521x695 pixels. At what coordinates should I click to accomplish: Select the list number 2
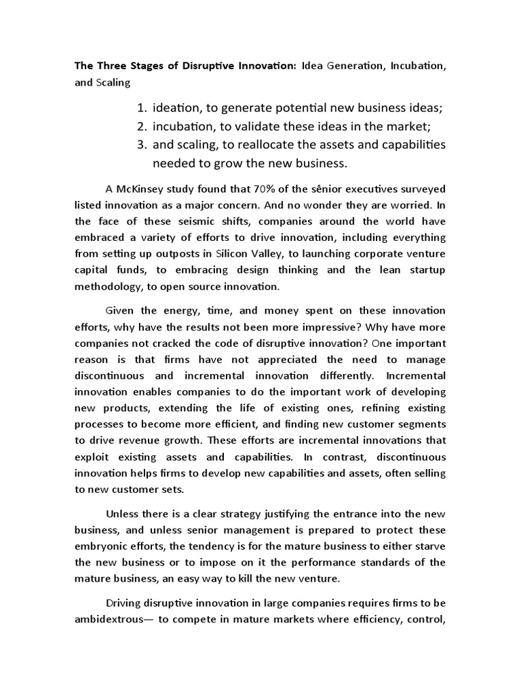click(x=141, y=126)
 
